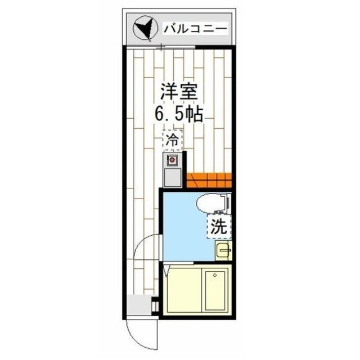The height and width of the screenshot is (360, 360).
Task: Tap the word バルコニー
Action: [195, 28]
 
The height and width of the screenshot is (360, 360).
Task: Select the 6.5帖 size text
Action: [179, 114]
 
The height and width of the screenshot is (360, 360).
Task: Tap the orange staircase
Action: [209, 181]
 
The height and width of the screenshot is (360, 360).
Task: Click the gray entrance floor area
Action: [139, 306]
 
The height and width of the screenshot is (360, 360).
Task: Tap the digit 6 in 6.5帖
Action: [160, 114]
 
